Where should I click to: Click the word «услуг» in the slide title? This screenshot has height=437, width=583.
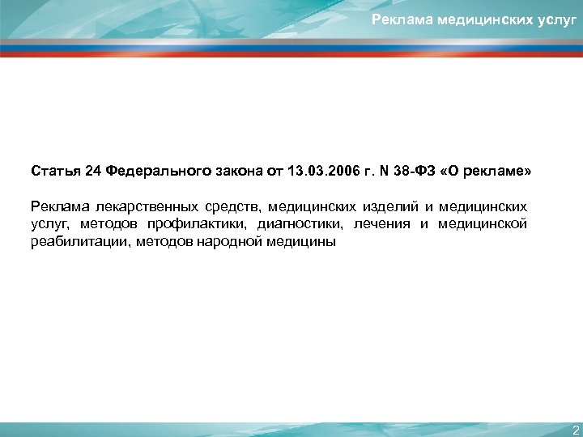[555, 19]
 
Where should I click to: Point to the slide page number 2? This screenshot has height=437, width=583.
[575, 429]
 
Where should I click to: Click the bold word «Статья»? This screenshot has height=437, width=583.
[55, 172]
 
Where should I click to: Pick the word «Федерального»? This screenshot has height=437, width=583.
[152, 172]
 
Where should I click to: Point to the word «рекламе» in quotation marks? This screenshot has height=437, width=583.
[499, 172]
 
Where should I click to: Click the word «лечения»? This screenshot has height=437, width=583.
[382, 224]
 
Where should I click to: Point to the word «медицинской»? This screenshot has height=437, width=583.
[483, 224]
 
